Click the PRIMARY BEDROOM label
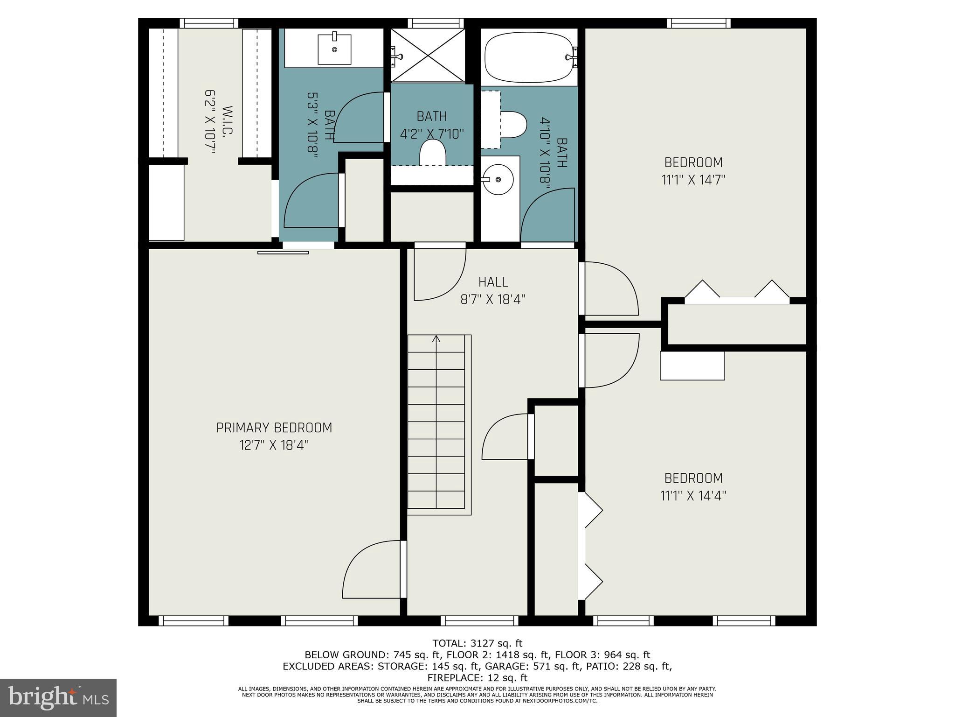coord(274,428)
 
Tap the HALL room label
coord(493,282)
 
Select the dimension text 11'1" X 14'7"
coord(693,180)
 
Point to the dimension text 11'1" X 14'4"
coord(693,496)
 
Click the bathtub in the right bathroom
coord(529,57)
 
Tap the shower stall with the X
coord(428,55)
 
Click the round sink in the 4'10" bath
coord(498,180)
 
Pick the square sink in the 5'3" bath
coord(334,49)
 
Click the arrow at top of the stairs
coord(436,339)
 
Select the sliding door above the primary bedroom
coord(284,253)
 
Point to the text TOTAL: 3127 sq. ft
coord(477,644)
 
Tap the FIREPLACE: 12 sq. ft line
coord(477,678)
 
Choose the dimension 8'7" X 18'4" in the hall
coord(493,300)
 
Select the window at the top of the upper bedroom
coord(698,23)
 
